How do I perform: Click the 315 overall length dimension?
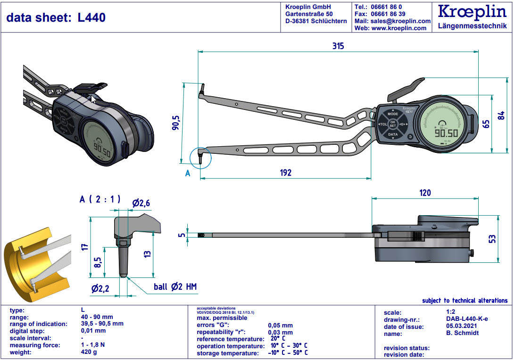(x=338, y=46)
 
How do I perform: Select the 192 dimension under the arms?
(x=285, y=172)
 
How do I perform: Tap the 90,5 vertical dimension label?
(x=175, y=123)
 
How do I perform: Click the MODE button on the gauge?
(x=392, y=114)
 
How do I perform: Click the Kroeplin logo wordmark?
(x=472, y=12)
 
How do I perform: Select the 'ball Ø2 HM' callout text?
(x=175, y=287)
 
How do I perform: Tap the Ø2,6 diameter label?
(x=141, y=203)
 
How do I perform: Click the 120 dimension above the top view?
(x=424, y=193)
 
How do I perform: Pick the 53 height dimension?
(x=492, y=239)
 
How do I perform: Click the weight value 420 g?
(x=90, y=352)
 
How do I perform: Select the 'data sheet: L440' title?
(x=56, y=18)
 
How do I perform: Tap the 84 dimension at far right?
(x=502, y=115)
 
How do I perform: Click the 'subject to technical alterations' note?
(x=465, y=301)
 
